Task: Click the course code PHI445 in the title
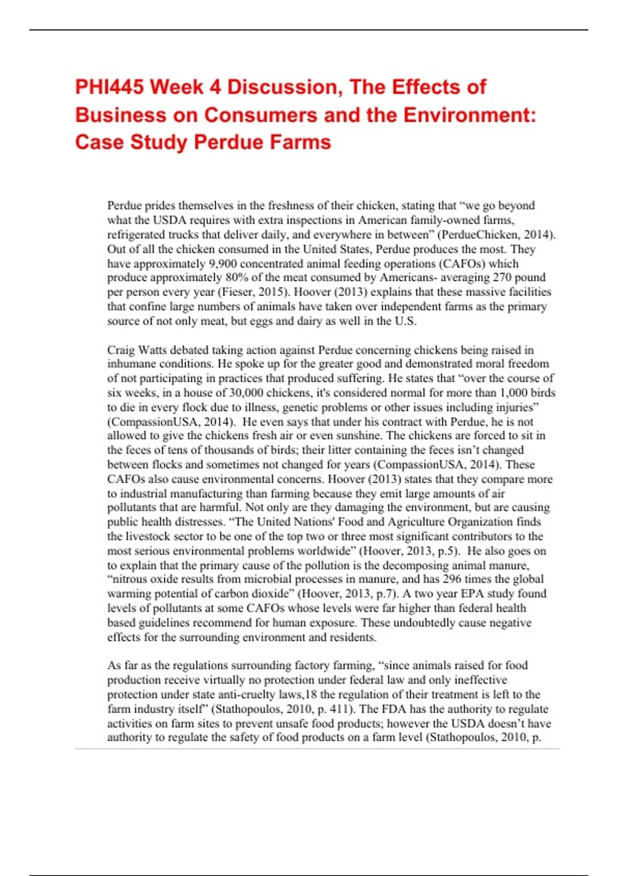109,87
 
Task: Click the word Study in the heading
159,142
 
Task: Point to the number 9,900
222,264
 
